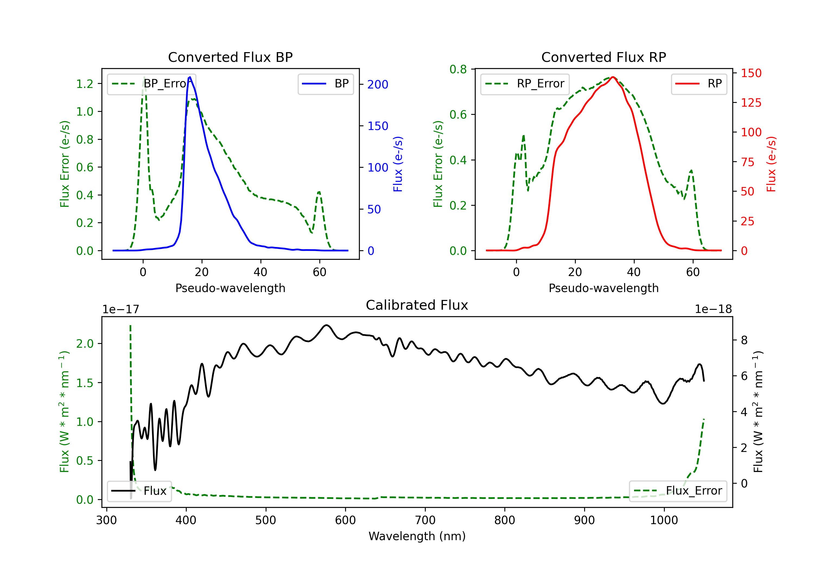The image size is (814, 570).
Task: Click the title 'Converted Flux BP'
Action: pyautogui.click(x=230, y=57)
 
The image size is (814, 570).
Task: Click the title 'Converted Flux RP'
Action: pyautogui.click(x=603, y=57)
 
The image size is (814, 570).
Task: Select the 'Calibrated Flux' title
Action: pyautogui.click(x=417, y=305)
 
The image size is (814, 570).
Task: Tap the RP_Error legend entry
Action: pyautogui.click(x=525, y=84)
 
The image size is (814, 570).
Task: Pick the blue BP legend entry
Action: pyautogui.click(x=325, y=84)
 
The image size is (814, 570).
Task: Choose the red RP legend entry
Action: pyautogui.click(x=699, y=84)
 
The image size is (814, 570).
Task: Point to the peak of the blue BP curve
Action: pyautogui.click(x=190, y=77)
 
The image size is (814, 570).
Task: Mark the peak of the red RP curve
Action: pyautogui.click(x=613, y=77)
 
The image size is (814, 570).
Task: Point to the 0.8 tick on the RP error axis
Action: pyautogui.click(x=458, y=69)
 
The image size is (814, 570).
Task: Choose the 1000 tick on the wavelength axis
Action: pyautogui.click(x=664, y=520)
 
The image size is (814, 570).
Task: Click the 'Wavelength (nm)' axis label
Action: pyautogui.click(x=417, y=536)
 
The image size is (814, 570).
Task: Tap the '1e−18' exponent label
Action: pyautogui.click(x=713, y=309)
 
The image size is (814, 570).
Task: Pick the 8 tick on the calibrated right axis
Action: pyautogui.click(x=744, y=341)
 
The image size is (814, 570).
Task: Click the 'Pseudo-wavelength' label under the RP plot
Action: pyautogui.click(x=603, y=288)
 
